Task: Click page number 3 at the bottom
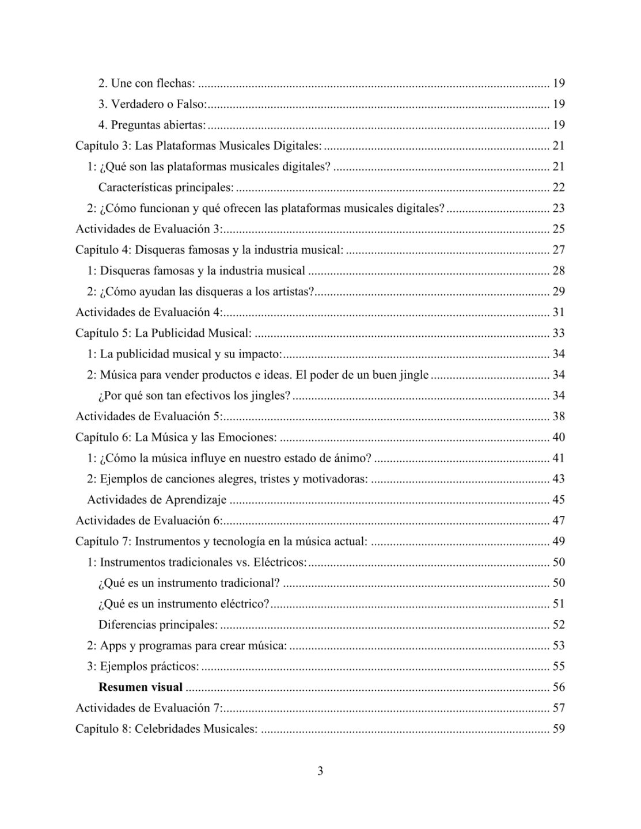(x=320, y=771)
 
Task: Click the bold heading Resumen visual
(x=141, y=687)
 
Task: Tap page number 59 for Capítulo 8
(x=558, y=728)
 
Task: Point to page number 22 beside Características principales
(x=558, y=187)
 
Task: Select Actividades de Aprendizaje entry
(x=157, y=500)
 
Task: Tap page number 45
(x=558, y=500)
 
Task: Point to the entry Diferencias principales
(x=158, y=625)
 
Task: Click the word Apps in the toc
(x=111, y=645)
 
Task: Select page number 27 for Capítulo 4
(x=558, y=250)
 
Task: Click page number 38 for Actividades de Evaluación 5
(x=558, y=416)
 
